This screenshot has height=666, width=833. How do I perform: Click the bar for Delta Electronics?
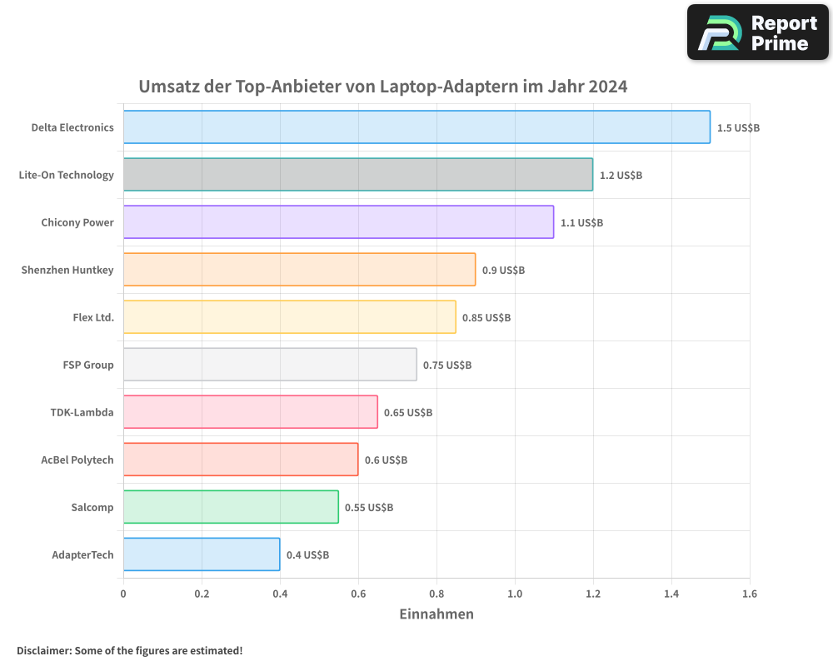416,127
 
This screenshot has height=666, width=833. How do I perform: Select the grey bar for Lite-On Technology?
358,175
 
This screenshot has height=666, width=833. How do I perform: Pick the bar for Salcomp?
231,507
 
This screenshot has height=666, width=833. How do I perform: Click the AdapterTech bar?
202,554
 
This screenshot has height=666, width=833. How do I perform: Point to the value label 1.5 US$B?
738,128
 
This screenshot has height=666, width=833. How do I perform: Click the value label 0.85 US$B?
486,318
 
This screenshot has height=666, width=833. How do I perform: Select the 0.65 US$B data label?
408,413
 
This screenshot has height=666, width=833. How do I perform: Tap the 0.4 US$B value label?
307,555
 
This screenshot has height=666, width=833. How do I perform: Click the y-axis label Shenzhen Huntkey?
67,270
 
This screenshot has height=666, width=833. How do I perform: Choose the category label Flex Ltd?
93,317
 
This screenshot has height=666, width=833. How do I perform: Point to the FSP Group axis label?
88,365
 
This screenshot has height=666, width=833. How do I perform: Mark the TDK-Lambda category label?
82,412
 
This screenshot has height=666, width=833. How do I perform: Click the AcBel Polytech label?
77,460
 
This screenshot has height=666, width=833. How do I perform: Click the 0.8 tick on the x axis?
436,594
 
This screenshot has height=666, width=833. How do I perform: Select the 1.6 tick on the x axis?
750,594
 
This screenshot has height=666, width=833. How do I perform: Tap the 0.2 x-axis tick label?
202,594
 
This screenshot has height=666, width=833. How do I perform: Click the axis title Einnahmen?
436,614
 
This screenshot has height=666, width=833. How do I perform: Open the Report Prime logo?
758,32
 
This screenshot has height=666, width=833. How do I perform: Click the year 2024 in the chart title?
607,87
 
